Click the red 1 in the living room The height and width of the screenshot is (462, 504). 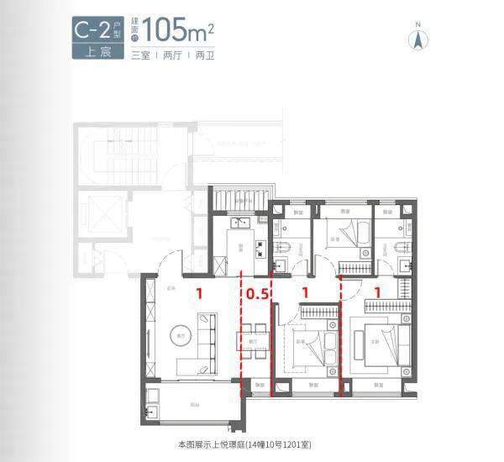point(199,294)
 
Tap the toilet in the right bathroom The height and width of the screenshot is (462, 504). point(402,246)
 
